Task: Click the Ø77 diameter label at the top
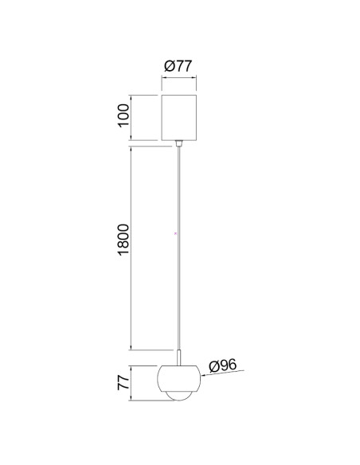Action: (x=178, y=66)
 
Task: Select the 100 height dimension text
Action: (x=123, y=116)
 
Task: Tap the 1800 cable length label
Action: (x=123, y=240)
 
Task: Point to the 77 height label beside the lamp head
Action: (x=123, y=383)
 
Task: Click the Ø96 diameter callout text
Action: (x=223, y=365)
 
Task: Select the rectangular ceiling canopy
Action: (x=179, y=117)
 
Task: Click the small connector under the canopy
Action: (x=178, y=143)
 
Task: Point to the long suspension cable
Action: (x=178, y=248)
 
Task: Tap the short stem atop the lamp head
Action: (x=179, y=358)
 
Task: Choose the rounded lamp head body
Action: (x=179, y=379)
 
